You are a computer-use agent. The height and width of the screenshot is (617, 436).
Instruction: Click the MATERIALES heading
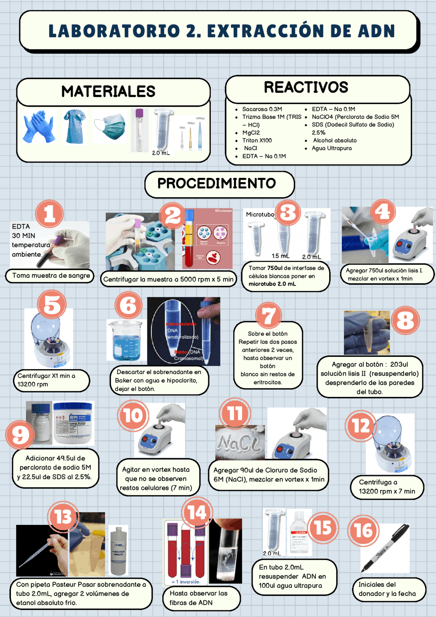(x=108, y=91)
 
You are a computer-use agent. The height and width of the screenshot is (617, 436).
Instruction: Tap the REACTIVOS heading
(x=306, y=87)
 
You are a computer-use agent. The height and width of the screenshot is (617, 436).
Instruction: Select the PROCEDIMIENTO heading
(x=217, y=183)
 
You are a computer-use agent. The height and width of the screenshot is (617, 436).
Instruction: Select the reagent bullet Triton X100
(x=257, y=140)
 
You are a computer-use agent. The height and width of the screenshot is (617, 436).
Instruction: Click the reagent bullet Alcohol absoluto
(x=335, y=140)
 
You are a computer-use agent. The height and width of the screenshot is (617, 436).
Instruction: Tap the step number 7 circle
(x=268, y=315)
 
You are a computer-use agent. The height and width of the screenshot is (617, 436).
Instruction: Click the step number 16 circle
(x=363, y=530)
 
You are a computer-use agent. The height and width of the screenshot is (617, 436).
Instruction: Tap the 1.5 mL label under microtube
(x=280, y=256)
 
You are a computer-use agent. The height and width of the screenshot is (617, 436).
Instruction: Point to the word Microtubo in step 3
(x=260, y=214)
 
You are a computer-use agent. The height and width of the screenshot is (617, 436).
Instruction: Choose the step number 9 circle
(x=20, y=435)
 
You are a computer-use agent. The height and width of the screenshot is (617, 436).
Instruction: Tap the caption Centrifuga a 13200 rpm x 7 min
(x=387, y=487)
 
